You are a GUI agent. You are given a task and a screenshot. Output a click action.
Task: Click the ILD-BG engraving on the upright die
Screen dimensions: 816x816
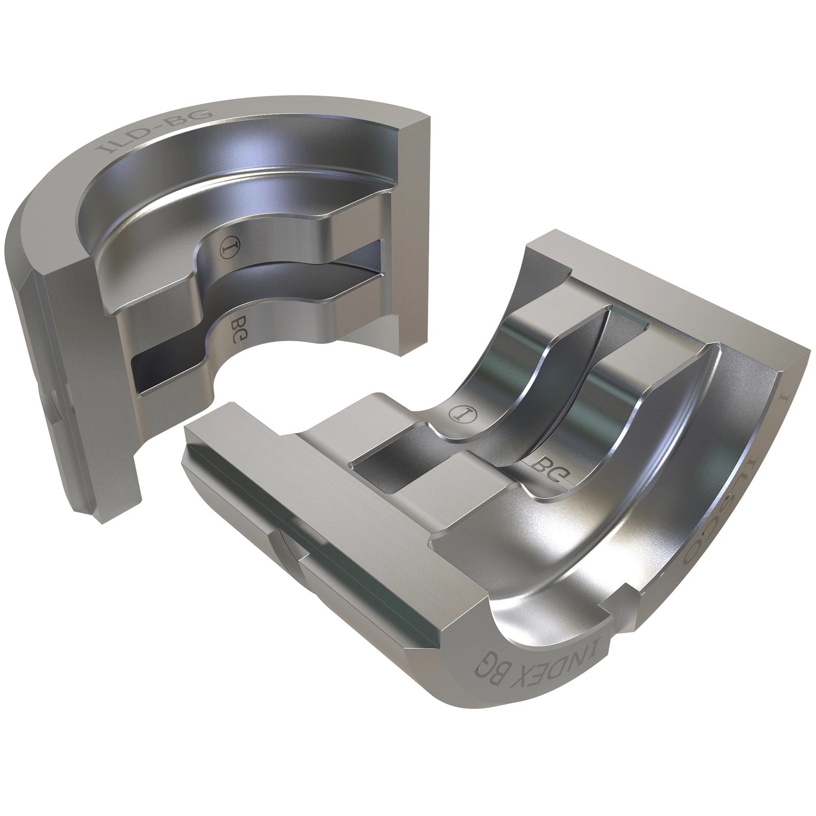click(154, 131)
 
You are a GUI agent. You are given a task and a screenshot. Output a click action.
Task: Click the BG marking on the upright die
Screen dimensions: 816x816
click(239, 330)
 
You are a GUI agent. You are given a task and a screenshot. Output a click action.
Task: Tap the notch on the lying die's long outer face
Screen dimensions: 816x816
click(291, 545)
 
